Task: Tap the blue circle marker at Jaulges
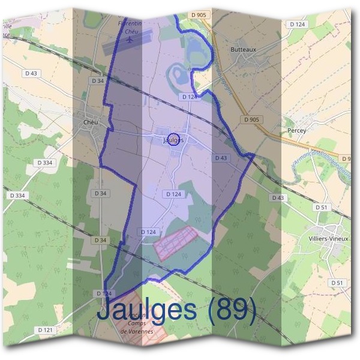tap(173, 139)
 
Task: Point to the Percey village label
tap(297, 130)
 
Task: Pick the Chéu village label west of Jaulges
tap(90, 122)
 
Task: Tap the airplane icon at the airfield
tap(130, 39)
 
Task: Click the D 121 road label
tap(45, 330)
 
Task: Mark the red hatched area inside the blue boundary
tap(176, 242)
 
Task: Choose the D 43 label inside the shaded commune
tap(221, 158)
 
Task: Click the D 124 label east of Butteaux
tap(296, 24)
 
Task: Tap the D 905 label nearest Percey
tap(252, 120)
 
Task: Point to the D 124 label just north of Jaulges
tap(189, 97)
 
